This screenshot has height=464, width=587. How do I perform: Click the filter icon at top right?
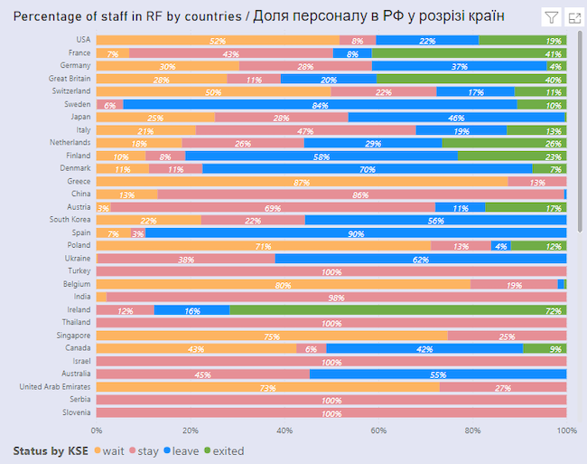click(x=550, y=17)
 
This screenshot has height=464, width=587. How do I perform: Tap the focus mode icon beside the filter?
click(x=573, y=17)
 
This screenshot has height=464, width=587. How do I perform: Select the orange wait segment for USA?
click(x=217, y=41)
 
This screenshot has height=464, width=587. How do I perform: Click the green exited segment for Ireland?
click(x=397, y=310)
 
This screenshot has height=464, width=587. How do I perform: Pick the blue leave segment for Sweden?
click(x=320, y=105)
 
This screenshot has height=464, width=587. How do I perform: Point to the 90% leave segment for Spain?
click(x=355, y=233)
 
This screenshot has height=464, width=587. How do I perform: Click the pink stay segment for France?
click(x=231, y=53)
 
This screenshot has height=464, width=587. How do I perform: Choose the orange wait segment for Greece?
click(x=301, y=182)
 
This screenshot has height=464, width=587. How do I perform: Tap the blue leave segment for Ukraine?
click(x=421, y=259)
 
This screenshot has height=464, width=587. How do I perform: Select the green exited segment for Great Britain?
click(x=472, y=80)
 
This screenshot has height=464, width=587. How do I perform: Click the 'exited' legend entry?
click(x=223, y=450)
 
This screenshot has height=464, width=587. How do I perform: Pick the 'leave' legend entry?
click(x=182, y=450)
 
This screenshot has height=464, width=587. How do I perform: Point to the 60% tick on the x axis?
click(x=378, y=431)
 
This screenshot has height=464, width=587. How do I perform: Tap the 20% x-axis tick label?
click(x=190, y=431)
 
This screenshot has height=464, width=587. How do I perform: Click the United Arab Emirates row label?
click(x=55, y=387)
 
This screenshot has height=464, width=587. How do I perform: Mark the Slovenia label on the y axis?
click(x=75, y=413)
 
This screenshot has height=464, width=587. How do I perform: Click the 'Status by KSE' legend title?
click(x=51, y=450)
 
